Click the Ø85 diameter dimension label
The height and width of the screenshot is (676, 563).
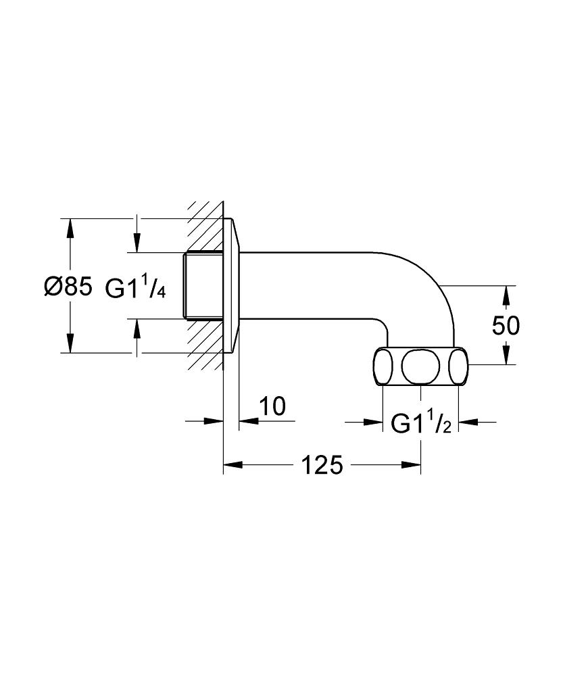68,286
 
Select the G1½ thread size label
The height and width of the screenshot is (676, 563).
421,423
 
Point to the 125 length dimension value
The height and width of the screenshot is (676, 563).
322,465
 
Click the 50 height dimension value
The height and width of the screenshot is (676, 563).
506,326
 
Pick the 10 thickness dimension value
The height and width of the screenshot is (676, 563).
272,406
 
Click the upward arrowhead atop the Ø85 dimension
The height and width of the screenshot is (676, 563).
69,228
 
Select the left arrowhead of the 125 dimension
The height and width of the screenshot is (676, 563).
232,465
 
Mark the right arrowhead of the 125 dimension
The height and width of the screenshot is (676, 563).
411,465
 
